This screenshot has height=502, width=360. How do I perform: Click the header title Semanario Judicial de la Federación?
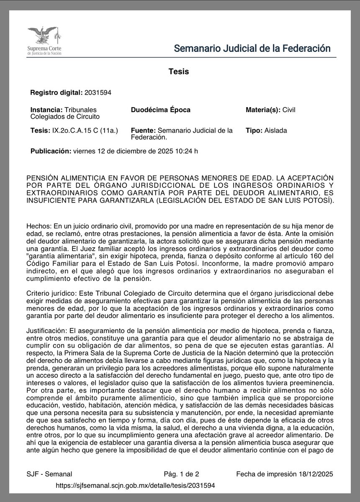click(x=252, y=48)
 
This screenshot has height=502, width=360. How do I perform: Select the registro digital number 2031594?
click(x=98, y=92)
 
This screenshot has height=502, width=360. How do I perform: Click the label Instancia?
click(x=47, y=110)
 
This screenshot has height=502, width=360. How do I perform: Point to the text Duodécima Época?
click(x=161, y=110)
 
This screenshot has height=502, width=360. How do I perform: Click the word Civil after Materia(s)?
click(x=289, y=110)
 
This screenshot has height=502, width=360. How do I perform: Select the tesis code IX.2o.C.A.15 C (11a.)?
click(x=86, y=131)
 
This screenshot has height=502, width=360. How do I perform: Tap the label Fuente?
click(x=144, y=131)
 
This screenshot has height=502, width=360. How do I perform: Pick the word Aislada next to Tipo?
click(x=275, y=131)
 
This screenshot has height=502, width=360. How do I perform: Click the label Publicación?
click(x=51, y=151)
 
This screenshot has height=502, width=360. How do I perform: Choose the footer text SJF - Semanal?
click(x=49, y=474)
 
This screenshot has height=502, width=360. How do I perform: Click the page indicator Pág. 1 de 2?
click(x=181, y=474)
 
